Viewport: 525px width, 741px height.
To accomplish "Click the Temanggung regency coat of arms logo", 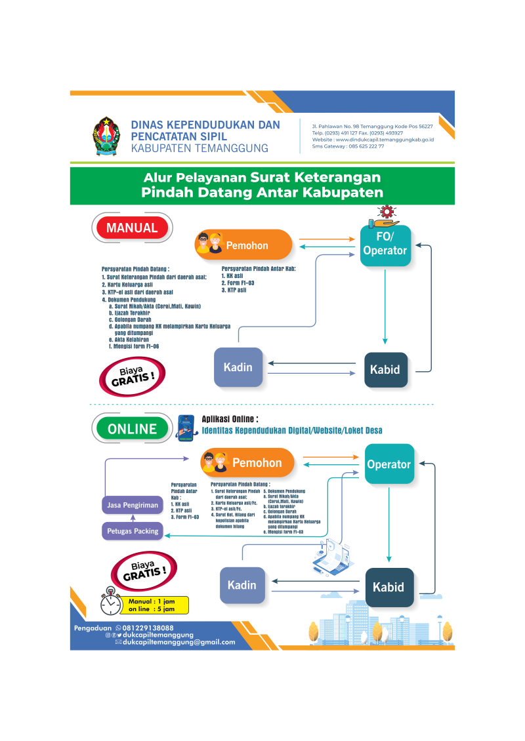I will pos(106,136).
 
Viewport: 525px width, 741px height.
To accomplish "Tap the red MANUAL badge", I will pos(132,228).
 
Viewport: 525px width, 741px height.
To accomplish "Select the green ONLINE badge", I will pos(132,429).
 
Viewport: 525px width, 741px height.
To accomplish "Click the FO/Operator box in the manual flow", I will pos(385,244).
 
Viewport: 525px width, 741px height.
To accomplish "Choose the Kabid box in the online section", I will pos(388,587).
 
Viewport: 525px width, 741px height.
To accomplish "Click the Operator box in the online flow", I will pos(389,464).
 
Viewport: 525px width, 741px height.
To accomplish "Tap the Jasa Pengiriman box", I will pos(133,505).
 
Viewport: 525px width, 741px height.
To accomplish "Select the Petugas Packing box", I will pos(133,531).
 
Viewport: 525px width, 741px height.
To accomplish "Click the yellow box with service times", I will pos(156,605).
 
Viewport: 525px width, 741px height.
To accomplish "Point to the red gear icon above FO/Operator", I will pos(385,211).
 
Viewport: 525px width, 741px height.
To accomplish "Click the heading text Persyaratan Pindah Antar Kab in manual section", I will pos(259,269).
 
